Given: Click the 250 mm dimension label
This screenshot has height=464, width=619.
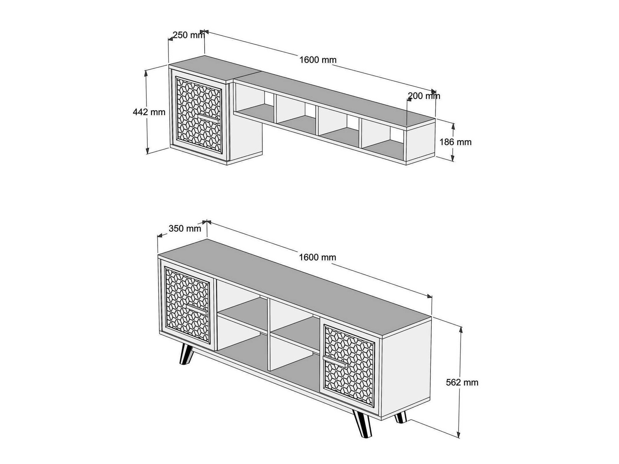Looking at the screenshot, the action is tap(189, 35).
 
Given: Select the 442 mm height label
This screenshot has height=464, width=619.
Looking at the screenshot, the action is tap(149, 112).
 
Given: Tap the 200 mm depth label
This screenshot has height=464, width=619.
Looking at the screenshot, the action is tap(424, 96).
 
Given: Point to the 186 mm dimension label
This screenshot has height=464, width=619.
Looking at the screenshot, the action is tap(456, 142).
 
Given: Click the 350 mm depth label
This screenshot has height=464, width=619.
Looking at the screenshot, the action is tap(185, 228).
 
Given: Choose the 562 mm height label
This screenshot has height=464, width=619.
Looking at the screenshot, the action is tap(462, 382).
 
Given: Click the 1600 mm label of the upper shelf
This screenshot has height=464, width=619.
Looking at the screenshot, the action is tap(318, 60).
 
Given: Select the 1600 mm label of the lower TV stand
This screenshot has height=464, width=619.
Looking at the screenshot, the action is tap(317, 257).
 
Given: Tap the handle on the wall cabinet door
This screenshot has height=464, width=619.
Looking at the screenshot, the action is tap(208, 118).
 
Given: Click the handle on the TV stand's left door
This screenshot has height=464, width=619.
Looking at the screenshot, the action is tap(197, 309).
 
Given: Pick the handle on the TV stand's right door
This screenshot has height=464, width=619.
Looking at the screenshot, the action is tap(335, 361).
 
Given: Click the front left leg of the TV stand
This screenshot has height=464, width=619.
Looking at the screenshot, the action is tap(186, 354).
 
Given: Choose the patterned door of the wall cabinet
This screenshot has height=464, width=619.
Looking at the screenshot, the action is tap(198, 115).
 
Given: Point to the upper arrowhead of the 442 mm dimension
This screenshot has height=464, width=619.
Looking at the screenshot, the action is tap(146, 73).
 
